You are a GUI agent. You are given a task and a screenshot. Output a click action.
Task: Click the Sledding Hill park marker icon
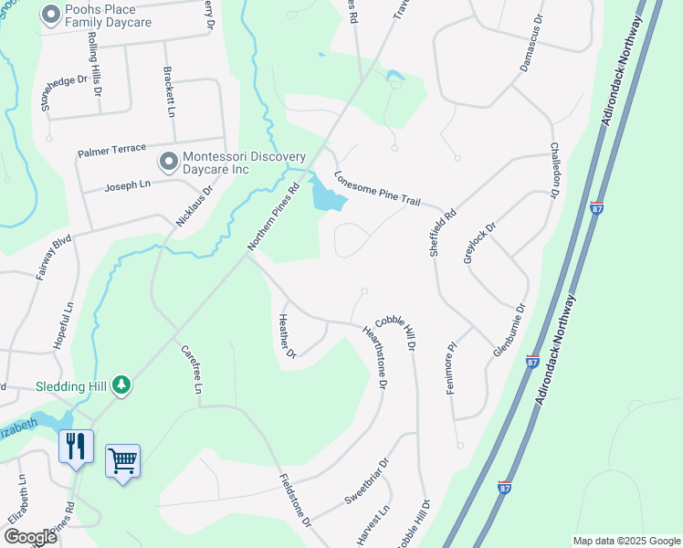click(x=121, y=386)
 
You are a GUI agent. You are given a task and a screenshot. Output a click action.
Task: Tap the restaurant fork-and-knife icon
click(x=76, y=447)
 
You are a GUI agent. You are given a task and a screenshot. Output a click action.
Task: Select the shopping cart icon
click(x=121, y=460)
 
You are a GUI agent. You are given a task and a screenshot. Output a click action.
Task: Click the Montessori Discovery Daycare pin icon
click(x=169, y=163)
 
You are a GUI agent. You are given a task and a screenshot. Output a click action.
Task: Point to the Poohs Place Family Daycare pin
click(x=49, y=15)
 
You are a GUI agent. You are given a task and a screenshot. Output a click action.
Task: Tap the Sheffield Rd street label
click(x=443, y=235)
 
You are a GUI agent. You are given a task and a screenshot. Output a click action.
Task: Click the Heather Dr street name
click(x=287, y=335)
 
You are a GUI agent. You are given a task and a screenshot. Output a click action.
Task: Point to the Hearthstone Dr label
click(x=375, y=359)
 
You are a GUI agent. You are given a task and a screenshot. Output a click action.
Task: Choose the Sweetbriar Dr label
click(x=367, y=481)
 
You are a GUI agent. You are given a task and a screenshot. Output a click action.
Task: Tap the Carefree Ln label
click(x=191, y=369)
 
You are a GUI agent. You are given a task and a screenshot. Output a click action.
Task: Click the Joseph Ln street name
click(x=126, y=184)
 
